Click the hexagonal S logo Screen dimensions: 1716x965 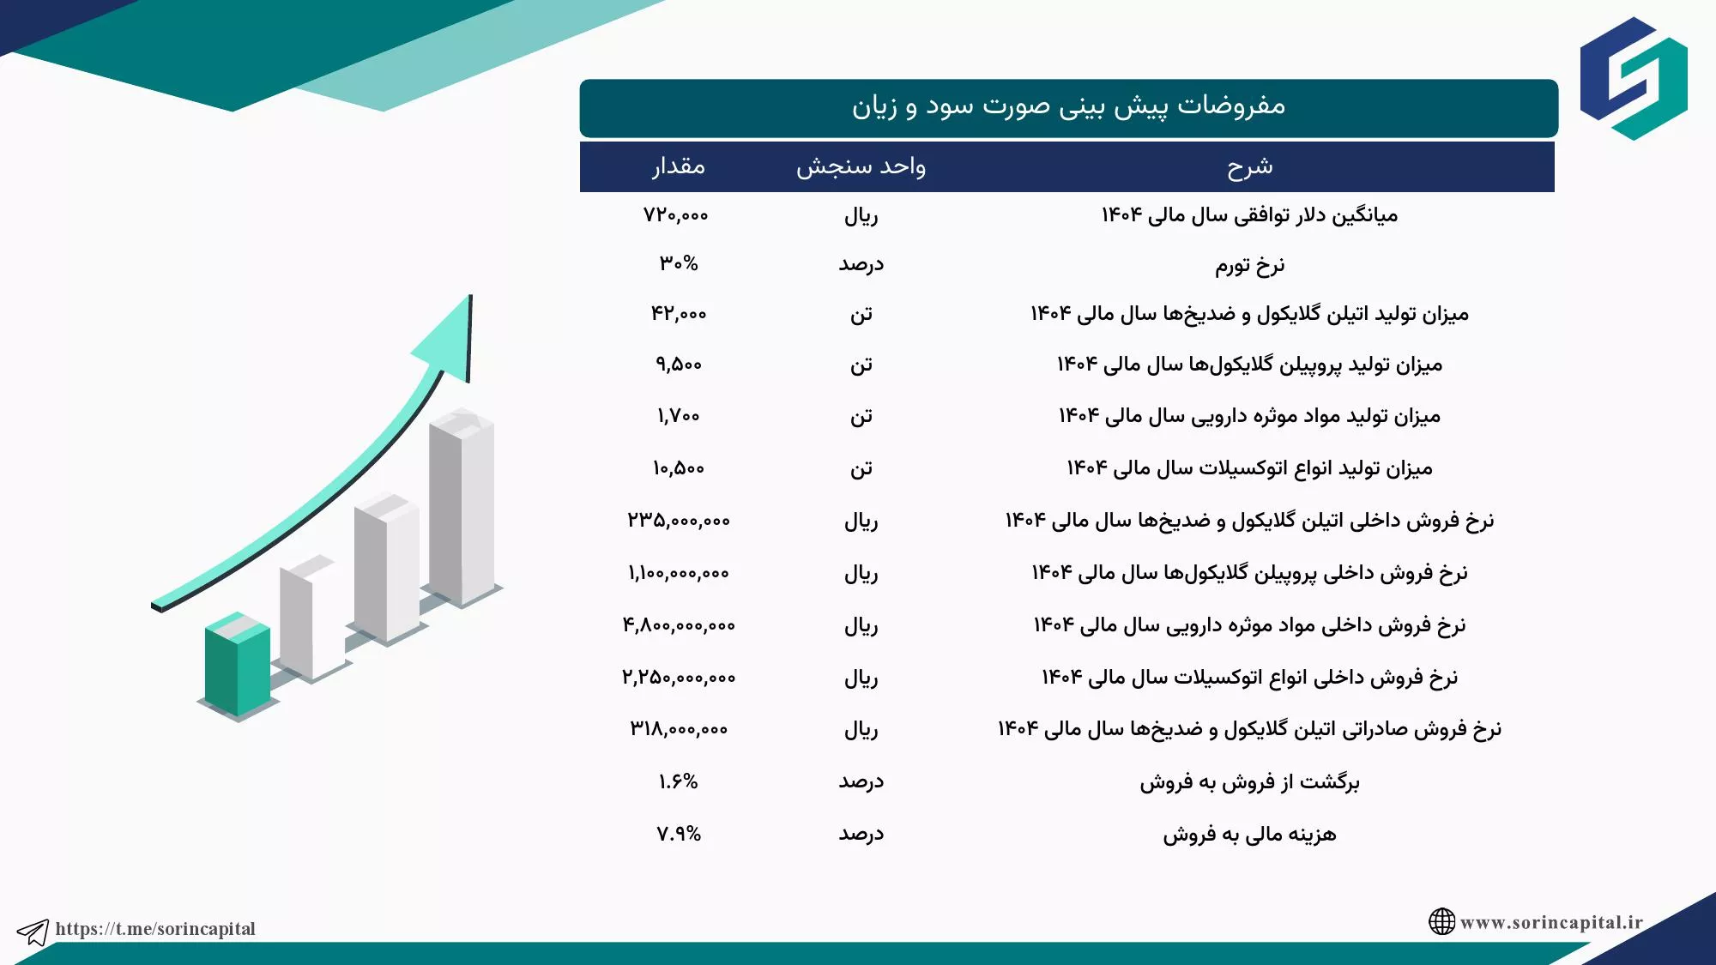pyautogui.click(x=1634, y=78)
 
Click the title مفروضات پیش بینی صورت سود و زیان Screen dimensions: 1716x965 pyautogui.click(x=1068, y=106)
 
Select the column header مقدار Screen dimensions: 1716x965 pyautogui.click(x=679, y=166)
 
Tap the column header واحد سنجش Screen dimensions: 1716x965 pyautogui.click(x=861, y=166)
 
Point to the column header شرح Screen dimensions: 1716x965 pyautogui.click(x=1249, y=167)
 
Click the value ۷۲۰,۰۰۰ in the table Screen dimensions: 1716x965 pyautogui.click(x=676, y=215)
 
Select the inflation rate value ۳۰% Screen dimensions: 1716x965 pyautogui.click(x=679, y=264)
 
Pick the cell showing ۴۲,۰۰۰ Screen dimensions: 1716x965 pyautogui.click(x=679, y=314)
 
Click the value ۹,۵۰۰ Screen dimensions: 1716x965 pyautogui.click(x=679, y=365)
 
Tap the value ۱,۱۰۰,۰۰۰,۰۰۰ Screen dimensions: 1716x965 pyautogui.click(x=679, y=573)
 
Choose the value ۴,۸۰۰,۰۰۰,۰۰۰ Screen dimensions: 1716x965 pyautogui.click(x=679, y=625)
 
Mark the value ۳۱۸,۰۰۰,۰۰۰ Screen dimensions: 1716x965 pyautogui.click(x=679, y=729)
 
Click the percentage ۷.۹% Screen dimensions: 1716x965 pyautogui.click(x=679, y=834)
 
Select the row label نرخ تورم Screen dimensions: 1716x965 pyautogui.click(x=1249, y=265)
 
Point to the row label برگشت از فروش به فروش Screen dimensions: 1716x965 pyautogui.click(x=1249, y=782)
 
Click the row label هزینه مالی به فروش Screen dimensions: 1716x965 pyautogui.click(x=1249, y=835)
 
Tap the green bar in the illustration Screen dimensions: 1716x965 pyautogui.click(x=238, y=664)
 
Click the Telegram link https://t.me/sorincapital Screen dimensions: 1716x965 pyautogui.click(x=155, y=929)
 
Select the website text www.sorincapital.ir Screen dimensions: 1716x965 pyautogui.click(x=1551, y=922)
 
